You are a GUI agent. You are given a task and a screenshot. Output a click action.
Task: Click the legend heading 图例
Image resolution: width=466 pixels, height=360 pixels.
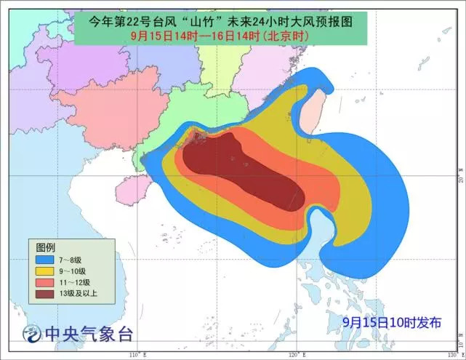pos(47,247)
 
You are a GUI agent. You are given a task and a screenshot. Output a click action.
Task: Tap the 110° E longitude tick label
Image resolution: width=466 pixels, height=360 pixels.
pos(133,354)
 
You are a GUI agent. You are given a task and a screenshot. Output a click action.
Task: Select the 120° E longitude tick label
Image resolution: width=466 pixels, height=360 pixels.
pos(294,354)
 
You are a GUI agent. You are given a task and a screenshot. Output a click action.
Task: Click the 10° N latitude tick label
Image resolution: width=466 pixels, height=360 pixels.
pos(461,339)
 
